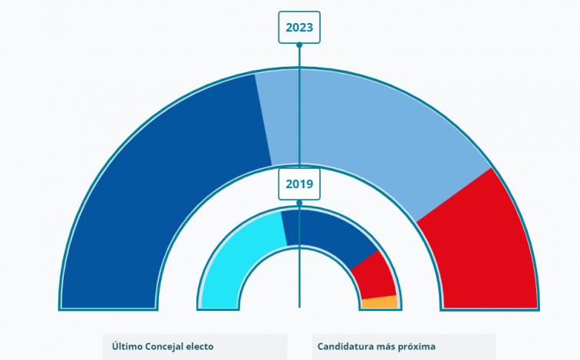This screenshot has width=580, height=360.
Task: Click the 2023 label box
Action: click(x=299, y=28)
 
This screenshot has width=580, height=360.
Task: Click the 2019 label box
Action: click(x=299, y=184)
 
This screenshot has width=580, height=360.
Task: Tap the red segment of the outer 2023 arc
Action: click(x=483, y=246)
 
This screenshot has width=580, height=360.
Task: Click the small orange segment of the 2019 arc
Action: click(x=379, y=302)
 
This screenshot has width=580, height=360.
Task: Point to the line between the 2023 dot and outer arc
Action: click(x=299, y=57)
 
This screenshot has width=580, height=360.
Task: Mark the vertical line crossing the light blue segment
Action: click(x=299, y=115)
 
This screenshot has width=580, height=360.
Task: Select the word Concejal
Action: click(x=168, y=347)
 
